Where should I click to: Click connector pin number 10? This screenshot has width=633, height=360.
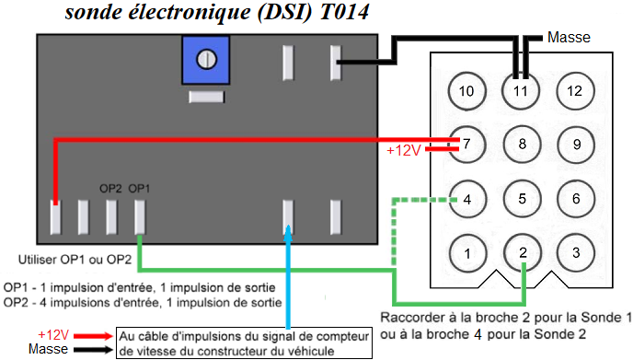tap(466, 91)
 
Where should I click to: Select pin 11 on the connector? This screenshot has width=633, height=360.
tap(521, 91)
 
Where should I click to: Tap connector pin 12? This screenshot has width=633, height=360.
tap(575, 91)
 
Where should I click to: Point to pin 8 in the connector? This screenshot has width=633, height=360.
tap(522, 145)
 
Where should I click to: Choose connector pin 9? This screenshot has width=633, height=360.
tap(576, 145)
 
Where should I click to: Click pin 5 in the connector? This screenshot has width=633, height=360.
tap(522, 199)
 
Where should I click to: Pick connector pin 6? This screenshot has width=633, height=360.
tap(576, 199)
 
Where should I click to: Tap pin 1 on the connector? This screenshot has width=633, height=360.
tap(467, 253)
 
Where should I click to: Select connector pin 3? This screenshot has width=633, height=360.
tap(576, 253)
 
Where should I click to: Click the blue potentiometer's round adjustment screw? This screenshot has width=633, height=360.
tap(206, 60)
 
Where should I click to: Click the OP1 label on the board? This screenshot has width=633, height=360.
tap(139, 188)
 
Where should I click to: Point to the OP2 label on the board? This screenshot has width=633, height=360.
tap(110, 188)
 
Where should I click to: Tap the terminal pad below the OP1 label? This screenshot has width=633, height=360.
tap(140, 217)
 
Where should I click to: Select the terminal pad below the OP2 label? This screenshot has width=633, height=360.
tap(111, 217)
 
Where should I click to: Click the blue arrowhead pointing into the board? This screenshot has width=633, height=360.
tap(288, 234)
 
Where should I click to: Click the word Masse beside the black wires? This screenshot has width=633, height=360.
tap(569, 37)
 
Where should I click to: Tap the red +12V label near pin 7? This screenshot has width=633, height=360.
tap(404, 150)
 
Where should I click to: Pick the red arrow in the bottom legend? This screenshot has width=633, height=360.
tap(93, 336)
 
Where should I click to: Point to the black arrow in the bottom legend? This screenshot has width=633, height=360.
tap(93, 350)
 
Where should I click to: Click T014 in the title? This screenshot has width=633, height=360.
tap(344, 12)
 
